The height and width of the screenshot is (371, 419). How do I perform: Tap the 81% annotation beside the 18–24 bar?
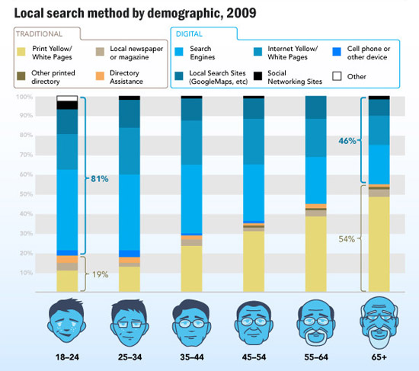point(99,179)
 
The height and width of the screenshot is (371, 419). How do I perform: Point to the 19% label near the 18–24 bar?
point(100,274)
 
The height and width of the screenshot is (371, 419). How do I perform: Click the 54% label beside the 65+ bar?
point(347,239)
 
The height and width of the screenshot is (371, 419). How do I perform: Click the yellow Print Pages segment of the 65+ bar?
point(379,244)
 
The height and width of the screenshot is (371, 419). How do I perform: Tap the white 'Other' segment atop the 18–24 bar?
point(67,99)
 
